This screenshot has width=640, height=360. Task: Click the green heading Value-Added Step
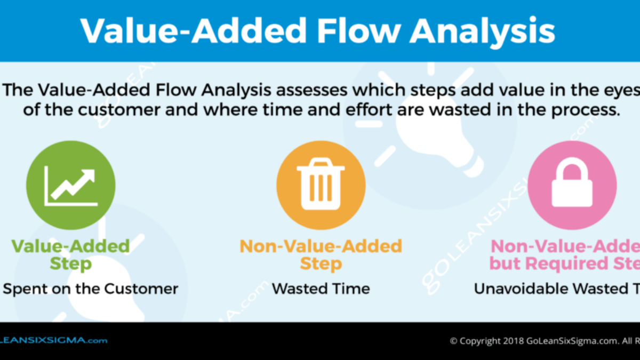tap(70, 254)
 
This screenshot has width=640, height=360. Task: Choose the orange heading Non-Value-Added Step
tap(321, 254)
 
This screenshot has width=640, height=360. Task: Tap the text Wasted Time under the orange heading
tap(321, 289)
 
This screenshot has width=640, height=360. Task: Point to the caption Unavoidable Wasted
tap(555, 289)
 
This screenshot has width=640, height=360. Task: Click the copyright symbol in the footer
tap(454, 340)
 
